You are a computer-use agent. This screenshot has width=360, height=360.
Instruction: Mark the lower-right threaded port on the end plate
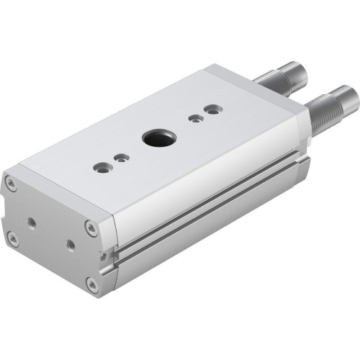click(70, 245)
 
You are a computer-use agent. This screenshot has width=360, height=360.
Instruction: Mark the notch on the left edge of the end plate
click(6, 212)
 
